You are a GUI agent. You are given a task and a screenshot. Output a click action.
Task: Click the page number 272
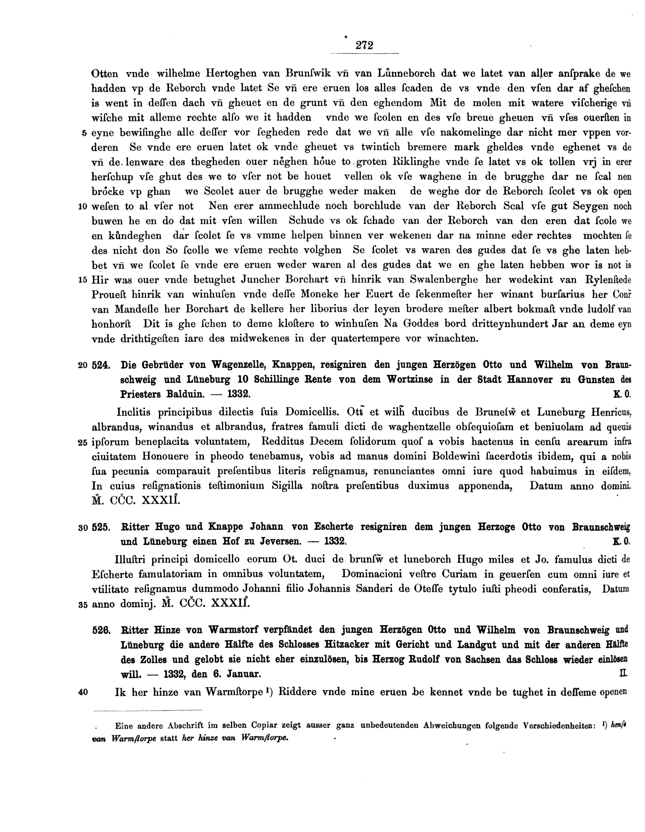(364, 45)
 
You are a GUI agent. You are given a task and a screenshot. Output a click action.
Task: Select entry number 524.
(101, 365)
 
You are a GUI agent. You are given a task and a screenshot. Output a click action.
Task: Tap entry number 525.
(101, 527)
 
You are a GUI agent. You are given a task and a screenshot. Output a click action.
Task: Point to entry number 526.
(101, 631)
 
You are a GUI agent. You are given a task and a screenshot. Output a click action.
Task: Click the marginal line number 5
(84, 133)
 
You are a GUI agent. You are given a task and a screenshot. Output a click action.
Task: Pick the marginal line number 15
(83, 280)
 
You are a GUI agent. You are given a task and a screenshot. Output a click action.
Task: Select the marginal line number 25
(83, 443)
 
